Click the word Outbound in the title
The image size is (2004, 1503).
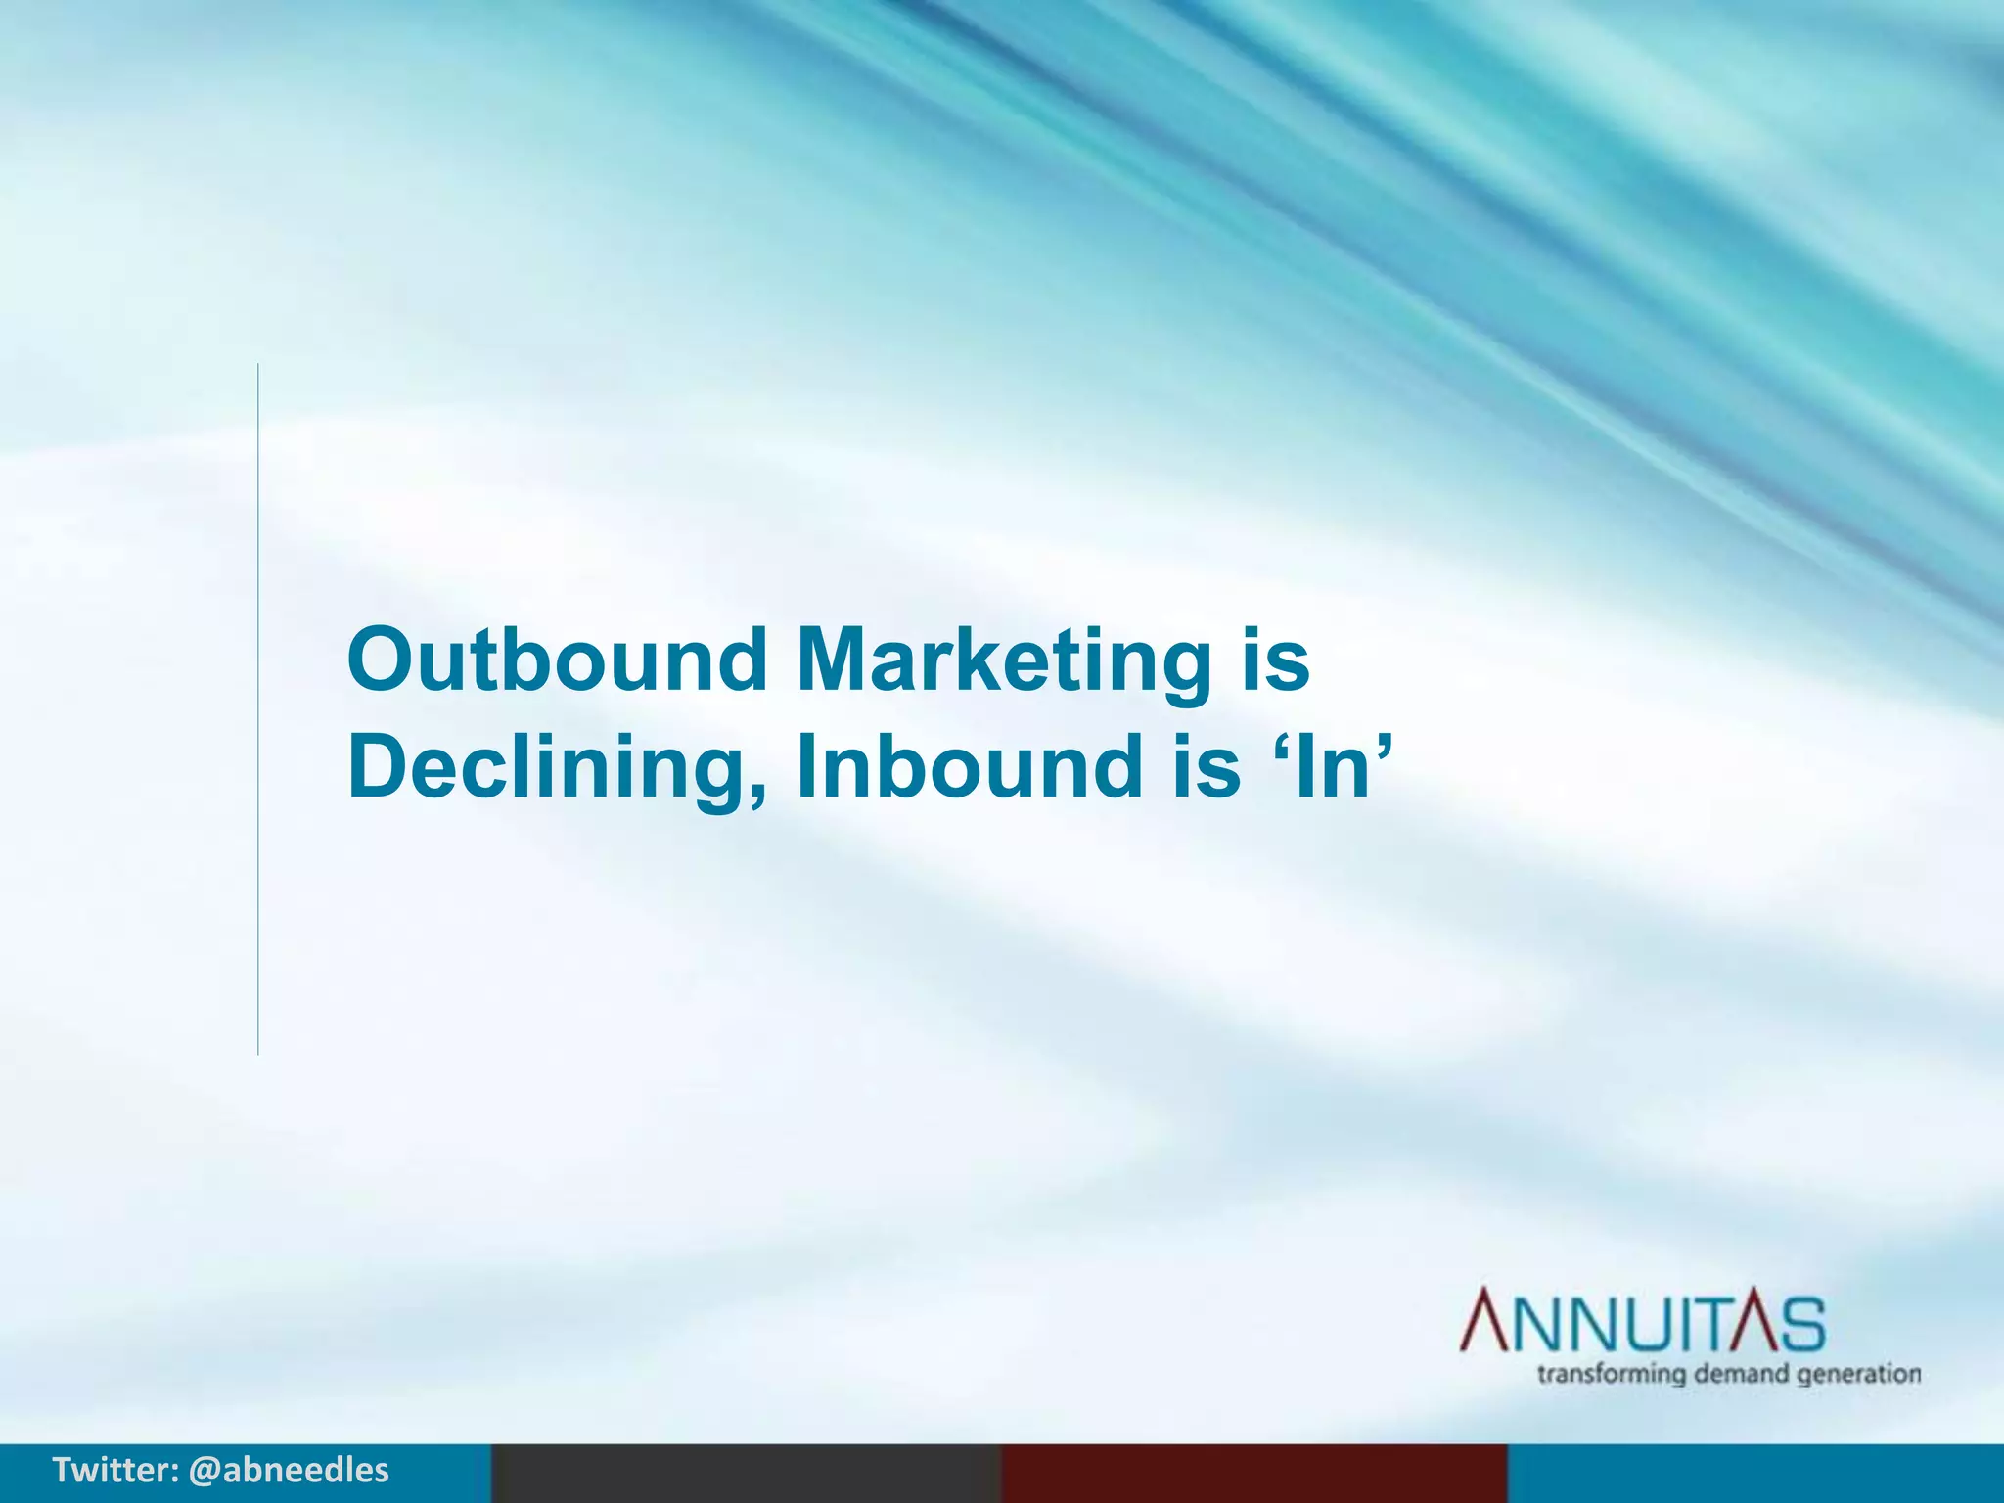(x=557, y=660)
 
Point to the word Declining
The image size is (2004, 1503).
(x=542, y=768)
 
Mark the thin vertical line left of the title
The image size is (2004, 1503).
(x=258, y=708)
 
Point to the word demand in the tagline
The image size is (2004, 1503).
(x=1742, y=1374)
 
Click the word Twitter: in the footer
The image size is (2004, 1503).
(x=115, y=1471)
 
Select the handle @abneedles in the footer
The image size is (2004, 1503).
(x=289, y=1471)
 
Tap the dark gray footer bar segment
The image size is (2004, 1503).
(x=746, y=1474)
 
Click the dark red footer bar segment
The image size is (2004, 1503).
(x=1253, y=1474)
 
